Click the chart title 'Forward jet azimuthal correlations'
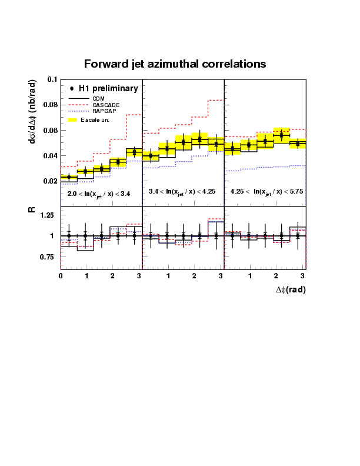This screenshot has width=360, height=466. pos(175,64)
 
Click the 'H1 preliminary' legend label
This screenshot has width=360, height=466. pos(108,89)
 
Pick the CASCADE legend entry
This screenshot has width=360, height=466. pos(106,105)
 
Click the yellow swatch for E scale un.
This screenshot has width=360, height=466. pos(74,119)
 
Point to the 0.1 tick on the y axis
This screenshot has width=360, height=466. pos(52,79)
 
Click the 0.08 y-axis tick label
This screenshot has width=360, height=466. pos(50,105)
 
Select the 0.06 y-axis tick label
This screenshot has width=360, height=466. pos(50,130)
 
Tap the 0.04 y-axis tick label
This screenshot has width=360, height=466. pos(50,156)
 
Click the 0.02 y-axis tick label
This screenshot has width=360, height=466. pos(50,181)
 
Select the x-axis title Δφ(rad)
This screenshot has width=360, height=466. pos(291,289)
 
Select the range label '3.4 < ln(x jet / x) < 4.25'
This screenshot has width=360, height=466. pos(182,192)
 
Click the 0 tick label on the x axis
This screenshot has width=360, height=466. pos(61,275)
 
